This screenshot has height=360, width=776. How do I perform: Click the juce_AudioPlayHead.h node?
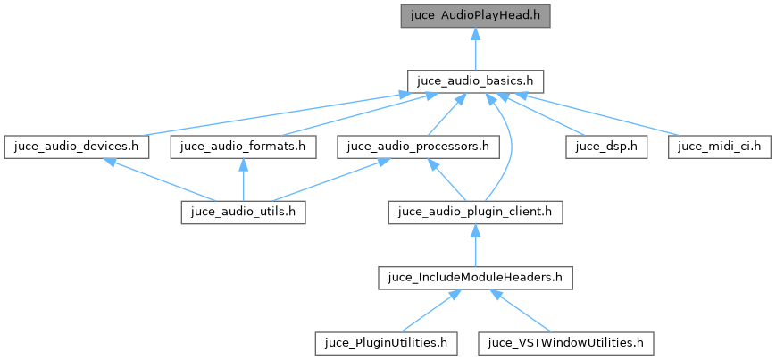click(475, 14)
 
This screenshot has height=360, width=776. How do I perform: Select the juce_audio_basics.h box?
click(475, 80)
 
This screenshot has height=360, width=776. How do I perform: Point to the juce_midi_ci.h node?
click(718, 146)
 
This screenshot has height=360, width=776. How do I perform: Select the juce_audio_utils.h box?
click(244, 212)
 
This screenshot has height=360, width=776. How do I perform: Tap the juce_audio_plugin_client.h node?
click(476, 212)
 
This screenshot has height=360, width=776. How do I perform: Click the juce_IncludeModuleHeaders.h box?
click(476, 277)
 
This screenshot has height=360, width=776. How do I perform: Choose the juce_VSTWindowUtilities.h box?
click(566, 342)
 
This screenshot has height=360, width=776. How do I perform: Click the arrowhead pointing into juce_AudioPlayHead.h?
click(476, 32)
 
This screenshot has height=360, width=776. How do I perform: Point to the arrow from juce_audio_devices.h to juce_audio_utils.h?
click(161, 180)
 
